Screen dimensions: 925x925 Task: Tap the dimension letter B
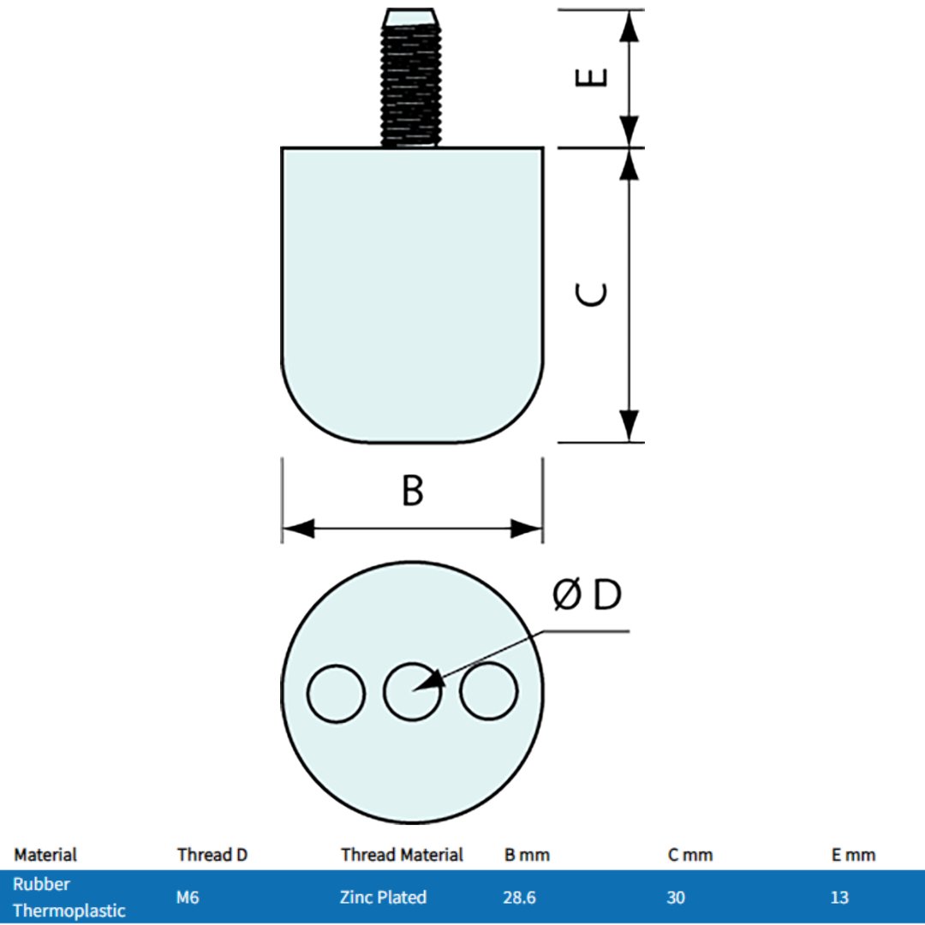(x=413, y=492)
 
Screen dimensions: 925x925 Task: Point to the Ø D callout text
(x=588, y=595)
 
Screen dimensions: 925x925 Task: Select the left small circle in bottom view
(x=337, y=692)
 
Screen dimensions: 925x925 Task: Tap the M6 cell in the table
(x=188, y=898)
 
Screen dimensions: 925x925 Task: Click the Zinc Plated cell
(x=383, y=898)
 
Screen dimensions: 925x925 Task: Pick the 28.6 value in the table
(x=519, y=898)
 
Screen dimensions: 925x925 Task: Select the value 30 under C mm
(x=676, y=898)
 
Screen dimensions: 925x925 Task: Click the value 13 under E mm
(x=839, y=898)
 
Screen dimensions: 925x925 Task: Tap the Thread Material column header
(x=402, y=855)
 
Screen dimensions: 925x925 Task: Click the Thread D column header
(x=212, y=855)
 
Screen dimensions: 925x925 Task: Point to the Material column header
(x=45, y=855)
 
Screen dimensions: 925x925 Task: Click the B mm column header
(x=527, y=855)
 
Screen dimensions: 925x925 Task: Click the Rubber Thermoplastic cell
(x=69, y=897)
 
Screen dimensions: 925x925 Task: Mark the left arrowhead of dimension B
(x=296, y=528)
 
